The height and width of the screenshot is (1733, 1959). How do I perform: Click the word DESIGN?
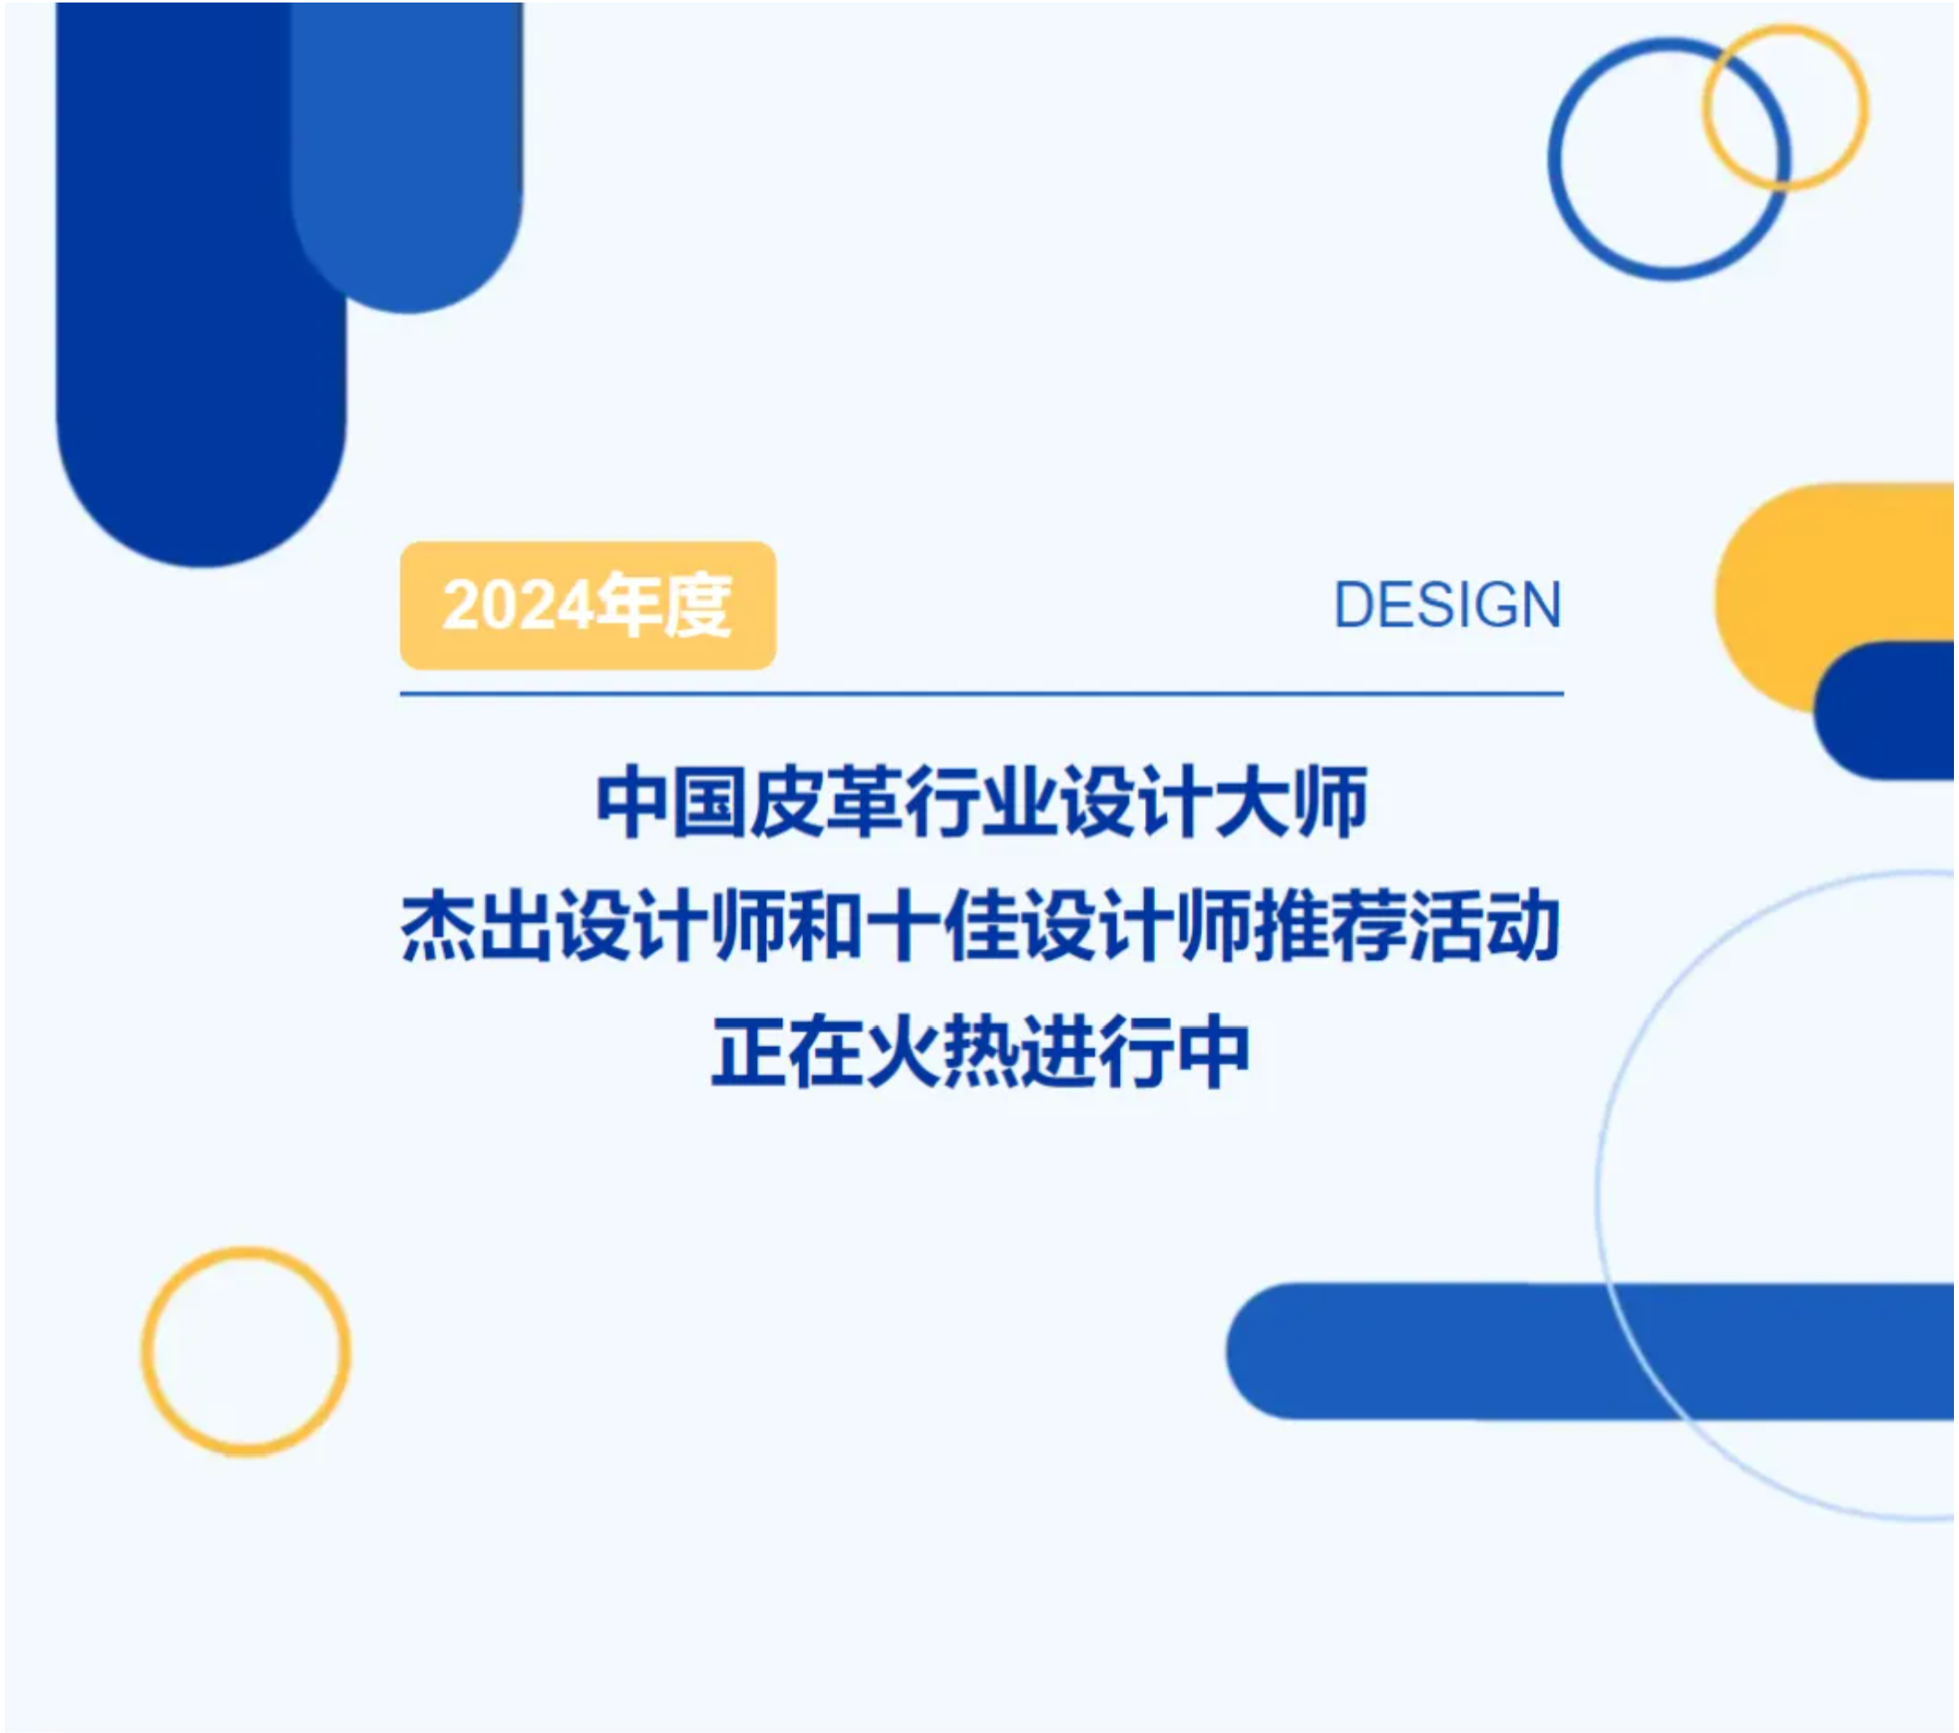pyautogui.click(x=1448, y=605)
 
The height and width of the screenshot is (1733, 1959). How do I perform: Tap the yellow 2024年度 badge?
pyautogui.click(x=587, y=605)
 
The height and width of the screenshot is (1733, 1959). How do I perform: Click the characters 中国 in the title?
pyautogui.click(x=671, y=803)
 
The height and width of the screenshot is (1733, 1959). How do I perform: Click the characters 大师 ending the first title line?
pyautogui.click(x=1291, y=803)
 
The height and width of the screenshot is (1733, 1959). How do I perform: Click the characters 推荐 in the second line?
pyautogui.click(x=1328, y=925)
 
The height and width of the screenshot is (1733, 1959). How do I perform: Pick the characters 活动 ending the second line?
pyautogui.click(x=1484, y=925)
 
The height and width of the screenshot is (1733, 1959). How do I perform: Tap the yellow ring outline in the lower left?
pyautogui.click(x=145, y=1353)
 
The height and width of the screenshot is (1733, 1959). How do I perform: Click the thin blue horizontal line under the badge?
pyautogui.click(x=981, y=693)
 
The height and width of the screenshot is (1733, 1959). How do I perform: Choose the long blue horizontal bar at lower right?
pyautogui.click(x=1591, y=1352)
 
